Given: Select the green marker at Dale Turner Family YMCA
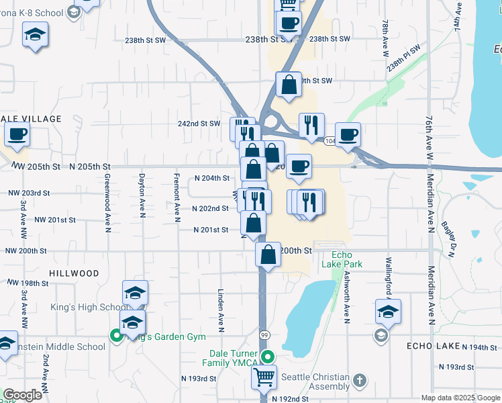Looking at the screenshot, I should pos(268,357).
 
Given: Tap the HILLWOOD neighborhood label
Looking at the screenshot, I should pos(74,273).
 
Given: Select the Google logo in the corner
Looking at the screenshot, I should pos(22,395).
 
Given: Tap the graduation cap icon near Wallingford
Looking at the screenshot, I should pos(388,312).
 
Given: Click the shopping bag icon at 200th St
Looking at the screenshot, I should pos(268,255).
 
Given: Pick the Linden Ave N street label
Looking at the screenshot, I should pos(221,311).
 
